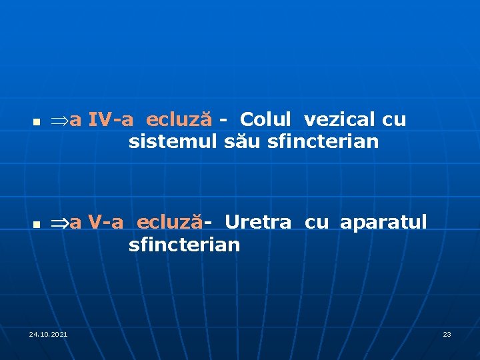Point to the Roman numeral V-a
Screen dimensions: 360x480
pos(106,222)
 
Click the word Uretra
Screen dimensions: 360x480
pos(257,222)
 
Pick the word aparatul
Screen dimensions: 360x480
pos(383,222)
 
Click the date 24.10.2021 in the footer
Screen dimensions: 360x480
pos(48,333)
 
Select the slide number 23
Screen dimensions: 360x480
pos(447,333)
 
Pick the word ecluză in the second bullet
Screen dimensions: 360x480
pos(171,222)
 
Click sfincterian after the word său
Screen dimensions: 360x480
pos(322,142)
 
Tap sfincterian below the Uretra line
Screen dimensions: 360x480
pos(184,245)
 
